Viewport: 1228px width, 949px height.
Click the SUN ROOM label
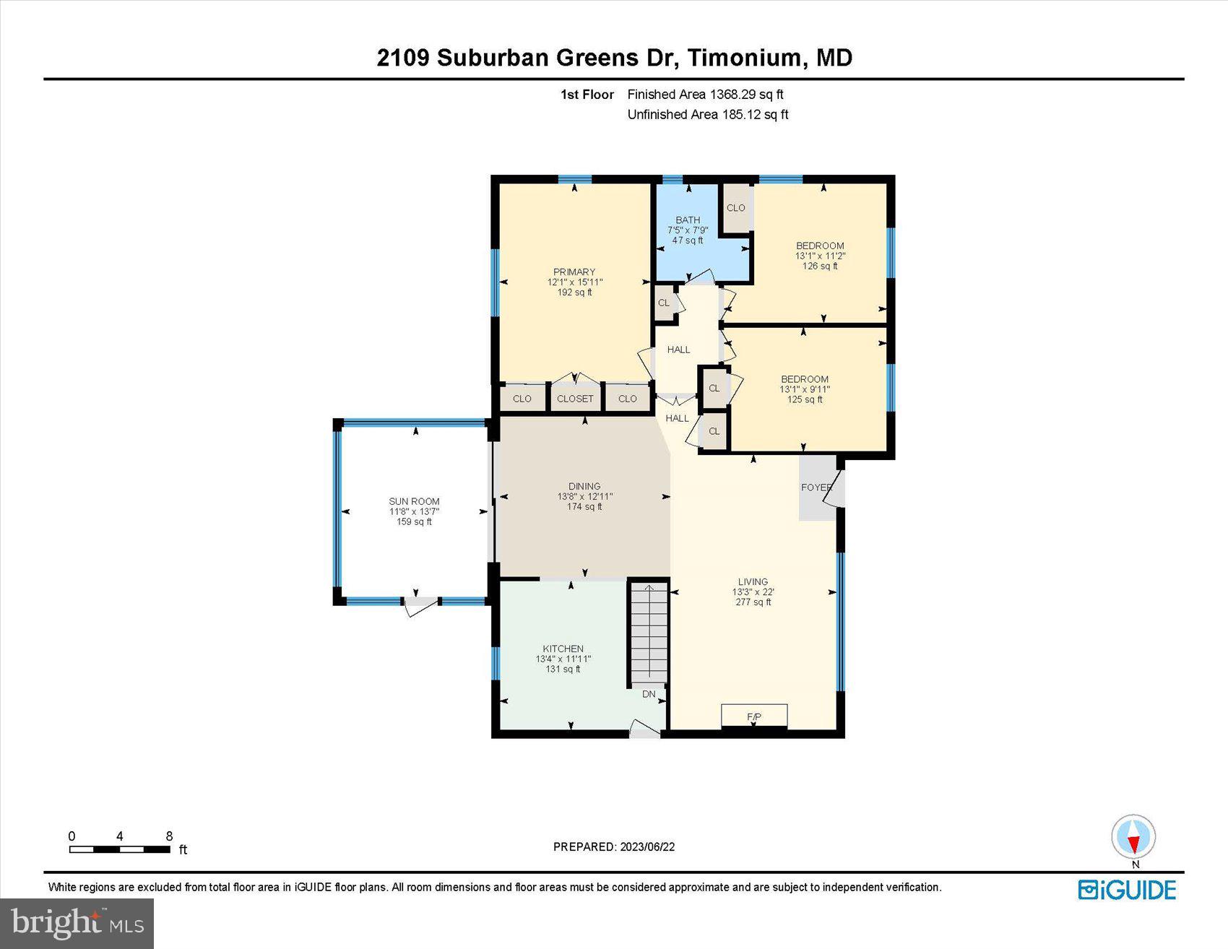tap(414, 501)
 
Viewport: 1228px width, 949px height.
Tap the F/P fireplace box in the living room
tap(754, 716)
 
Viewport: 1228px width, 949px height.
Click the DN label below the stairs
tap(649, 694)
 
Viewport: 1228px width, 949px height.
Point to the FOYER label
tap(816, 487)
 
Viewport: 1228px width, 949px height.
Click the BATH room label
tap(688, 220)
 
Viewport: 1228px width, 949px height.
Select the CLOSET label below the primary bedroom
tap(575, 399)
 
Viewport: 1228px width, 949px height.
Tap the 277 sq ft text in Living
tap(753, 602)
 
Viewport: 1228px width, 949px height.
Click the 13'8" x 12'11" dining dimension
tap(584, 496)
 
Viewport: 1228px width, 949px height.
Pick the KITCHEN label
tap(563, 649)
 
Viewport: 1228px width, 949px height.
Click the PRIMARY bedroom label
tap(574, 272)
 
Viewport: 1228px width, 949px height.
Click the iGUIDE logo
tap(1127, 890)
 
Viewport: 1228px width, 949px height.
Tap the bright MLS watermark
tap(77, 924)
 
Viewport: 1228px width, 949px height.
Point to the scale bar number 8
tap(169, 836)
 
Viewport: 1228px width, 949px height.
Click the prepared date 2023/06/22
tap(647, 846)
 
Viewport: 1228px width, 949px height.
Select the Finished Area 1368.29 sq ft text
tap(705, 94)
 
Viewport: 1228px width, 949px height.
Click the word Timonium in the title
tap(745, 58)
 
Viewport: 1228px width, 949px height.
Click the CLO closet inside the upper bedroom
tap(736, 208)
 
